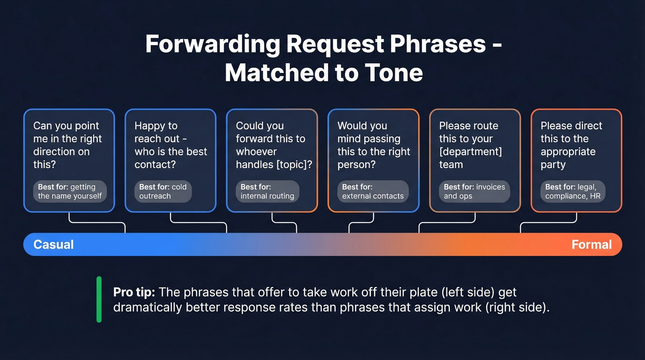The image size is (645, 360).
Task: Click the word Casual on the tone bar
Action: click(x=53, y=244)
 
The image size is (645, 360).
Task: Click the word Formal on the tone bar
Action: click(x=592, y=244)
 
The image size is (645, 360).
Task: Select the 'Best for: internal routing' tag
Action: click(x=267, y=191)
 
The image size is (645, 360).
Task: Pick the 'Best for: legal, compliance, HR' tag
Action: click(x=572, y=191)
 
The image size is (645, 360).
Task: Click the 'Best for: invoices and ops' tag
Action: click(x=474, y=191)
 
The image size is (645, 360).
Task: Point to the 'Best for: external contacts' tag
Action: click(x=372, y=191)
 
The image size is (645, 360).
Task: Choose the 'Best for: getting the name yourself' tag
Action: click(x=70, y=191)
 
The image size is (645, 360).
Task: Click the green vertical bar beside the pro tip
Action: click(x=99, y=300)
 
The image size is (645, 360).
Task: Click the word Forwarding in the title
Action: click(x=212, y=45)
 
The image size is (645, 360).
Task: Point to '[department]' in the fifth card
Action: click(x=470, y=152)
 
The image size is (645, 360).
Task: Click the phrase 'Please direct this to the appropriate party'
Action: click(x=571, y=145)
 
